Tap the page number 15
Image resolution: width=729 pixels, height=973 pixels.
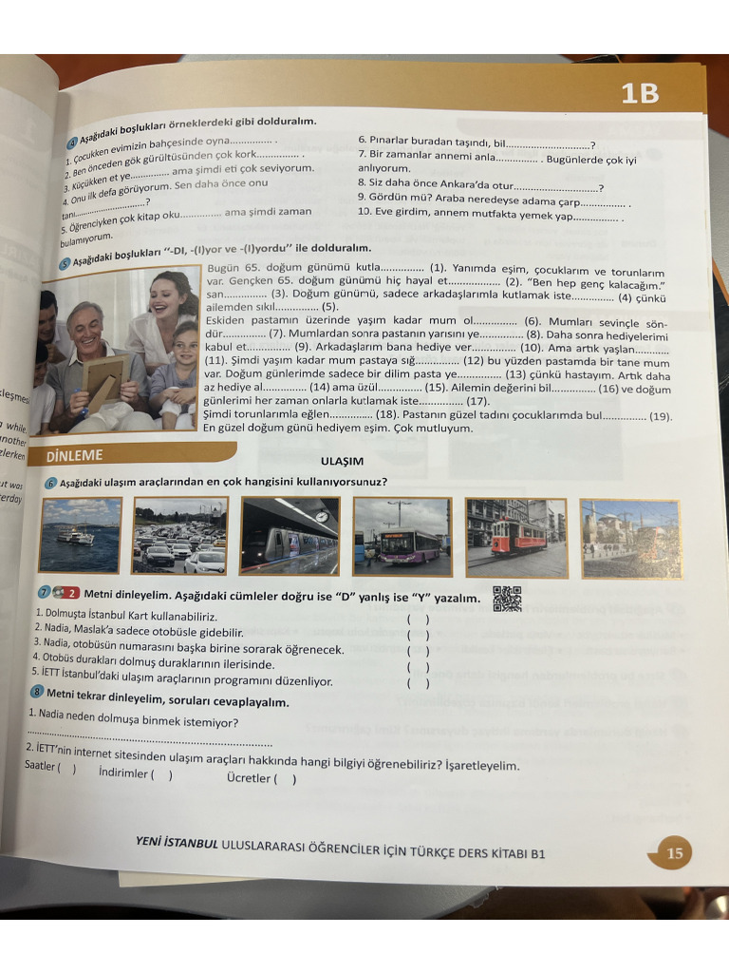coord(674,852)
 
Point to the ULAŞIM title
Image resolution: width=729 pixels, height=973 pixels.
coord(342,462)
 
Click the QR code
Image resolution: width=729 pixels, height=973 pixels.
coord(508,599)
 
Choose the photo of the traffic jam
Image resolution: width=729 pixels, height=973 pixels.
coord(180,536)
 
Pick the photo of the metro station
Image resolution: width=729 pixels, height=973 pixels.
coord(290,536)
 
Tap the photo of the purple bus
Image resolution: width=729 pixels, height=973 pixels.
coord(402,537)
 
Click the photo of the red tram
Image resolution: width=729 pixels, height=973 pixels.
coord(516,538)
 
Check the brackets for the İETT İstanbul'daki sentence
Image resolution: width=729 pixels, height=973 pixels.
coord(418,682)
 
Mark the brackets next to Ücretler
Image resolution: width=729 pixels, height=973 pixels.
coord(286,779)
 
